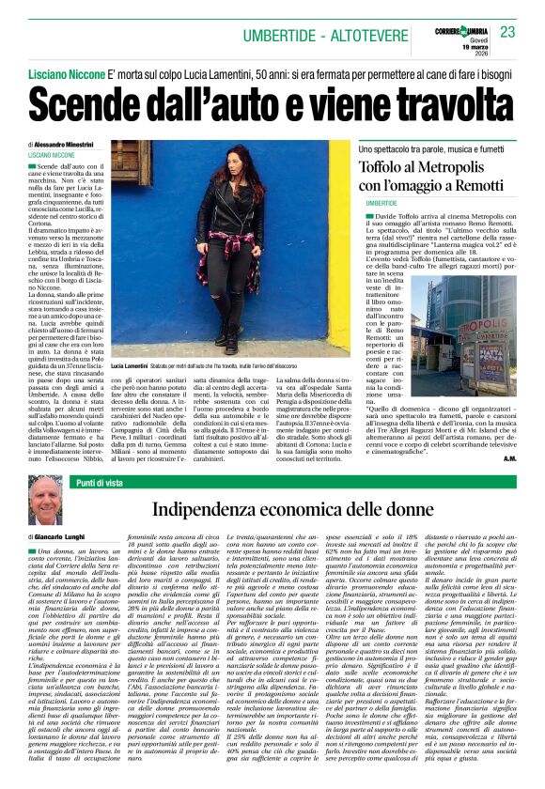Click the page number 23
507,32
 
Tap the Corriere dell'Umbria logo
458,27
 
